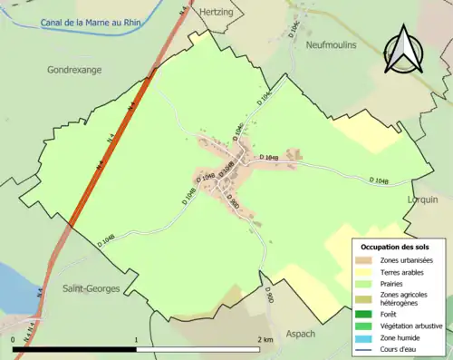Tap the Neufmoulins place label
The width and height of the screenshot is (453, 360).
pyautogui.click(x=332, y=44)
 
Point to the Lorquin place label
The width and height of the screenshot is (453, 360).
pyautogui.click(x=423, y=199)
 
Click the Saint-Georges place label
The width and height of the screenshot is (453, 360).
pyautogui.click(x=92, y=288)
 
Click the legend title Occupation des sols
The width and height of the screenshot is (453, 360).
pyautogui.click(x=395, y=247)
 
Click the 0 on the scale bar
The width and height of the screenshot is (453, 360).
pyautogui.click(x=14, y=340)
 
